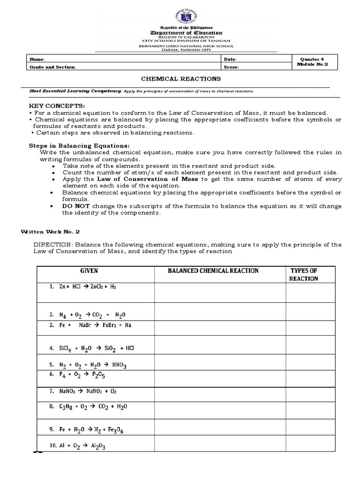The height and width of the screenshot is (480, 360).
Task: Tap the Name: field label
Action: coord(37,60)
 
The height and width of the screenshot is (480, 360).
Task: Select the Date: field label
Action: coord(231,60)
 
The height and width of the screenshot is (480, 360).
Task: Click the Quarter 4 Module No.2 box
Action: coord(311,62)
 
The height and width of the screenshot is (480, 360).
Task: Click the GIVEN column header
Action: coord(89,271)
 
